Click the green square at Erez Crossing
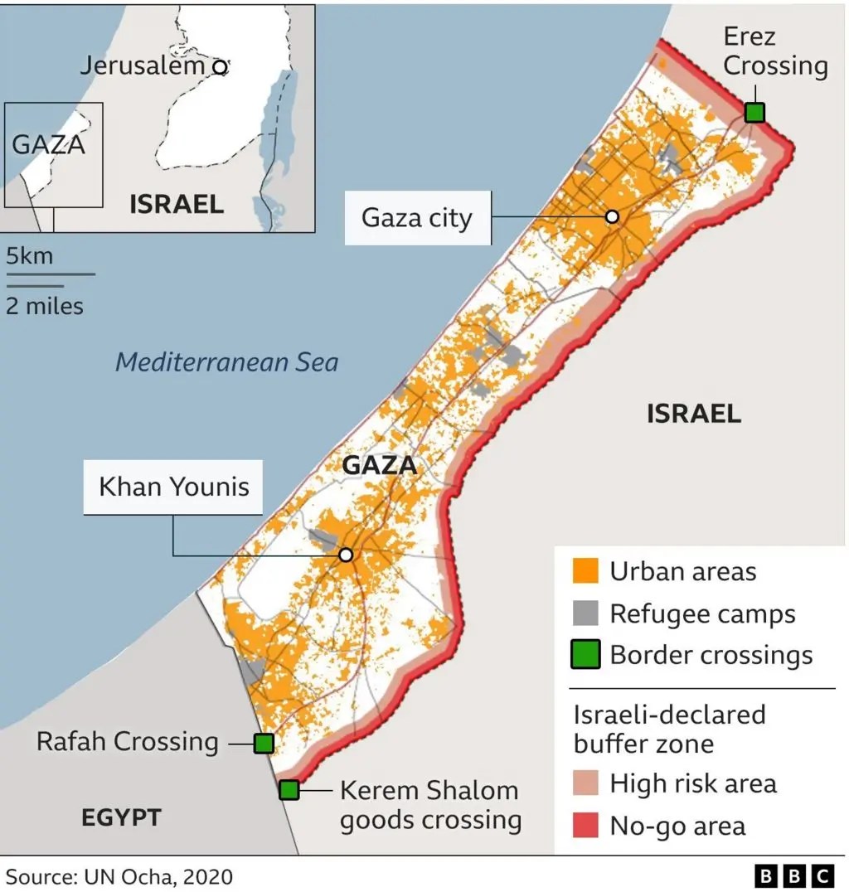[754, 112]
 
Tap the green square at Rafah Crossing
[264, 743]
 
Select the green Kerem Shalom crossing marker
[289, 789]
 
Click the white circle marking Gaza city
[612, 216]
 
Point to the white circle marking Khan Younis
[346, 555]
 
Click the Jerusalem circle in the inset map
[219, 67]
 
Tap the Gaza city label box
[417, 217]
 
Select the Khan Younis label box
[174, 487]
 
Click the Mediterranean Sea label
[226, 362]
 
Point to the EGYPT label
[121, 817]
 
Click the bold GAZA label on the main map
[379, 465]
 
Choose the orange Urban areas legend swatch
[585, 571]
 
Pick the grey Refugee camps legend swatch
[585, 613]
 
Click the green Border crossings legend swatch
[585, 656]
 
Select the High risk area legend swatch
[585, 783]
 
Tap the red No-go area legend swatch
[585, 826]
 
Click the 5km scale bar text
[30, 256]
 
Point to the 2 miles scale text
[45, 306]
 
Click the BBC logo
[793, 875]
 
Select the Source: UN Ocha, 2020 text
[119, 876]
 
